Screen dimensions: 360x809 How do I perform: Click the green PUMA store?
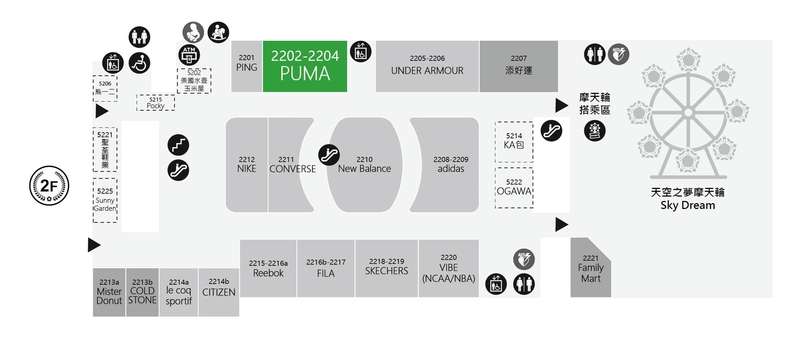point(305,66)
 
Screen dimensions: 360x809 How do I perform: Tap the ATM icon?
point(189,55)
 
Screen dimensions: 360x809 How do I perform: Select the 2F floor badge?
point(49,186)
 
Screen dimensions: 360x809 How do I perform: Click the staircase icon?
point(178,145)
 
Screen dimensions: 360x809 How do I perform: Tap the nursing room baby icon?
point(193,32)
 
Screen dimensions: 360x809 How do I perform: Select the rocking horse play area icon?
point(218,32)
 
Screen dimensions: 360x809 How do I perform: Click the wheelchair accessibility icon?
point(140,63)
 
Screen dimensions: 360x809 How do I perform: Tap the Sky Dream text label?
point(688,205)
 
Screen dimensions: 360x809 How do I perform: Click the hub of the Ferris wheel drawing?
point(688,112)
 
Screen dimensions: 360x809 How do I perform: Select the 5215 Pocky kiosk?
point(156,103)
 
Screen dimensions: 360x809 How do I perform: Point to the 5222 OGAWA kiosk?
point(514,188)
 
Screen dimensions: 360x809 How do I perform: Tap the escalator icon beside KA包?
point(551,131)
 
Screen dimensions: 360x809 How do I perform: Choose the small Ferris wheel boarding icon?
point(595,131)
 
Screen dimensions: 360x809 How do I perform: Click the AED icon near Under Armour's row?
point(618,54)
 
